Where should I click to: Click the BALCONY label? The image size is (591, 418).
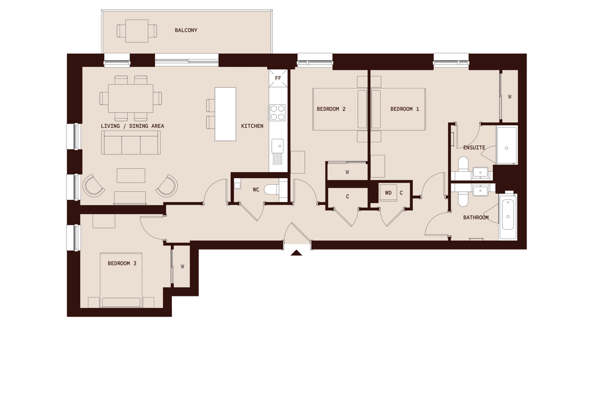[186, 31]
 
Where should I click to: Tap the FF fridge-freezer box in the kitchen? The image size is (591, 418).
[278, 78]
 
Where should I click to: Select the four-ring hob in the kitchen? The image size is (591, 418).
[278, 112]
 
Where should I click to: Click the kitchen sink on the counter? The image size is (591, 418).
[278, 146]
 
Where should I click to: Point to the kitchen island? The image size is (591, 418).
[225, 114]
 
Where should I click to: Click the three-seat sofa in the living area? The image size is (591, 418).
[131, 145]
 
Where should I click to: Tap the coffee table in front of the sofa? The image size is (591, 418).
[131, 175]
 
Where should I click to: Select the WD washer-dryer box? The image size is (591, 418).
[388, 193]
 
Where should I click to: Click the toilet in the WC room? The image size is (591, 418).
[271, 189]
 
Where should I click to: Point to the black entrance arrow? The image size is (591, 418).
[296, 253]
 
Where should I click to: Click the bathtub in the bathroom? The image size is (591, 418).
[508, 217]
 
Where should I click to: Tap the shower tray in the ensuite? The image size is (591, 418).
[506, 145]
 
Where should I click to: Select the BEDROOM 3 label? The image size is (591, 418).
[122, 263]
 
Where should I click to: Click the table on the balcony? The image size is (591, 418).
[137, 31]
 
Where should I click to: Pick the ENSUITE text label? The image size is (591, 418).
[474, 148]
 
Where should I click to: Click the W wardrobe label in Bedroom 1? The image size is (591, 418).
[510, 97]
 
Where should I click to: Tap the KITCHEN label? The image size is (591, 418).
[252, 126]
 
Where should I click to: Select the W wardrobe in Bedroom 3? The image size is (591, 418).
[182, 266]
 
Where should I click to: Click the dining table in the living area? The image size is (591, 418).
[131, 98]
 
